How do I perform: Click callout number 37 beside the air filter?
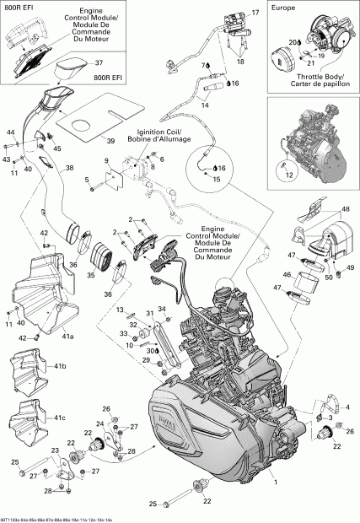point(99,63)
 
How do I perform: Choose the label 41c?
point(61,418)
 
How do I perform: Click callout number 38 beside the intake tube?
point(70,168)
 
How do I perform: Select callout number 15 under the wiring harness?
point(215,180)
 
